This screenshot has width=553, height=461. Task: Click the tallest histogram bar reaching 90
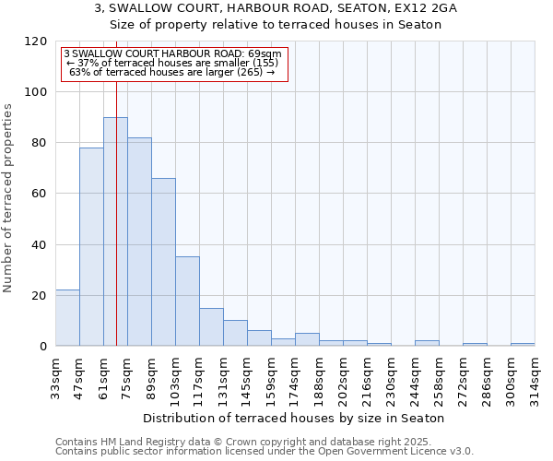coord(115,231)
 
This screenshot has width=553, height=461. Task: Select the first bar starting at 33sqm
coord(67,318)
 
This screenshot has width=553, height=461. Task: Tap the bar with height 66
coord(163,262)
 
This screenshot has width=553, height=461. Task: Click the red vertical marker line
coord(117,184)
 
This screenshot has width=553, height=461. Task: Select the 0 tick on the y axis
coord(43,347)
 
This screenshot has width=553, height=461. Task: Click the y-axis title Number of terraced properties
coord(9,198)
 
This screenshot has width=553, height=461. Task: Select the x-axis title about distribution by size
coord(294,418)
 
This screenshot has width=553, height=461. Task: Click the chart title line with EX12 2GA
coord(276,8)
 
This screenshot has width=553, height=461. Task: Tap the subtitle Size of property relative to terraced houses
coord(276,25)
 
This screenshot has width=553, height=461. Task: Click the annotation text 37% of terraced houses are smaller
coord(173,63)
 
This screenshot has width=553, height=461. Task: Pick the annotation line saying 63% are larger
coord(173,72)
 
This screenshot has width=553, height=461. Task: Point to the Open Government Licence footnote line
coord(265,451)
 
